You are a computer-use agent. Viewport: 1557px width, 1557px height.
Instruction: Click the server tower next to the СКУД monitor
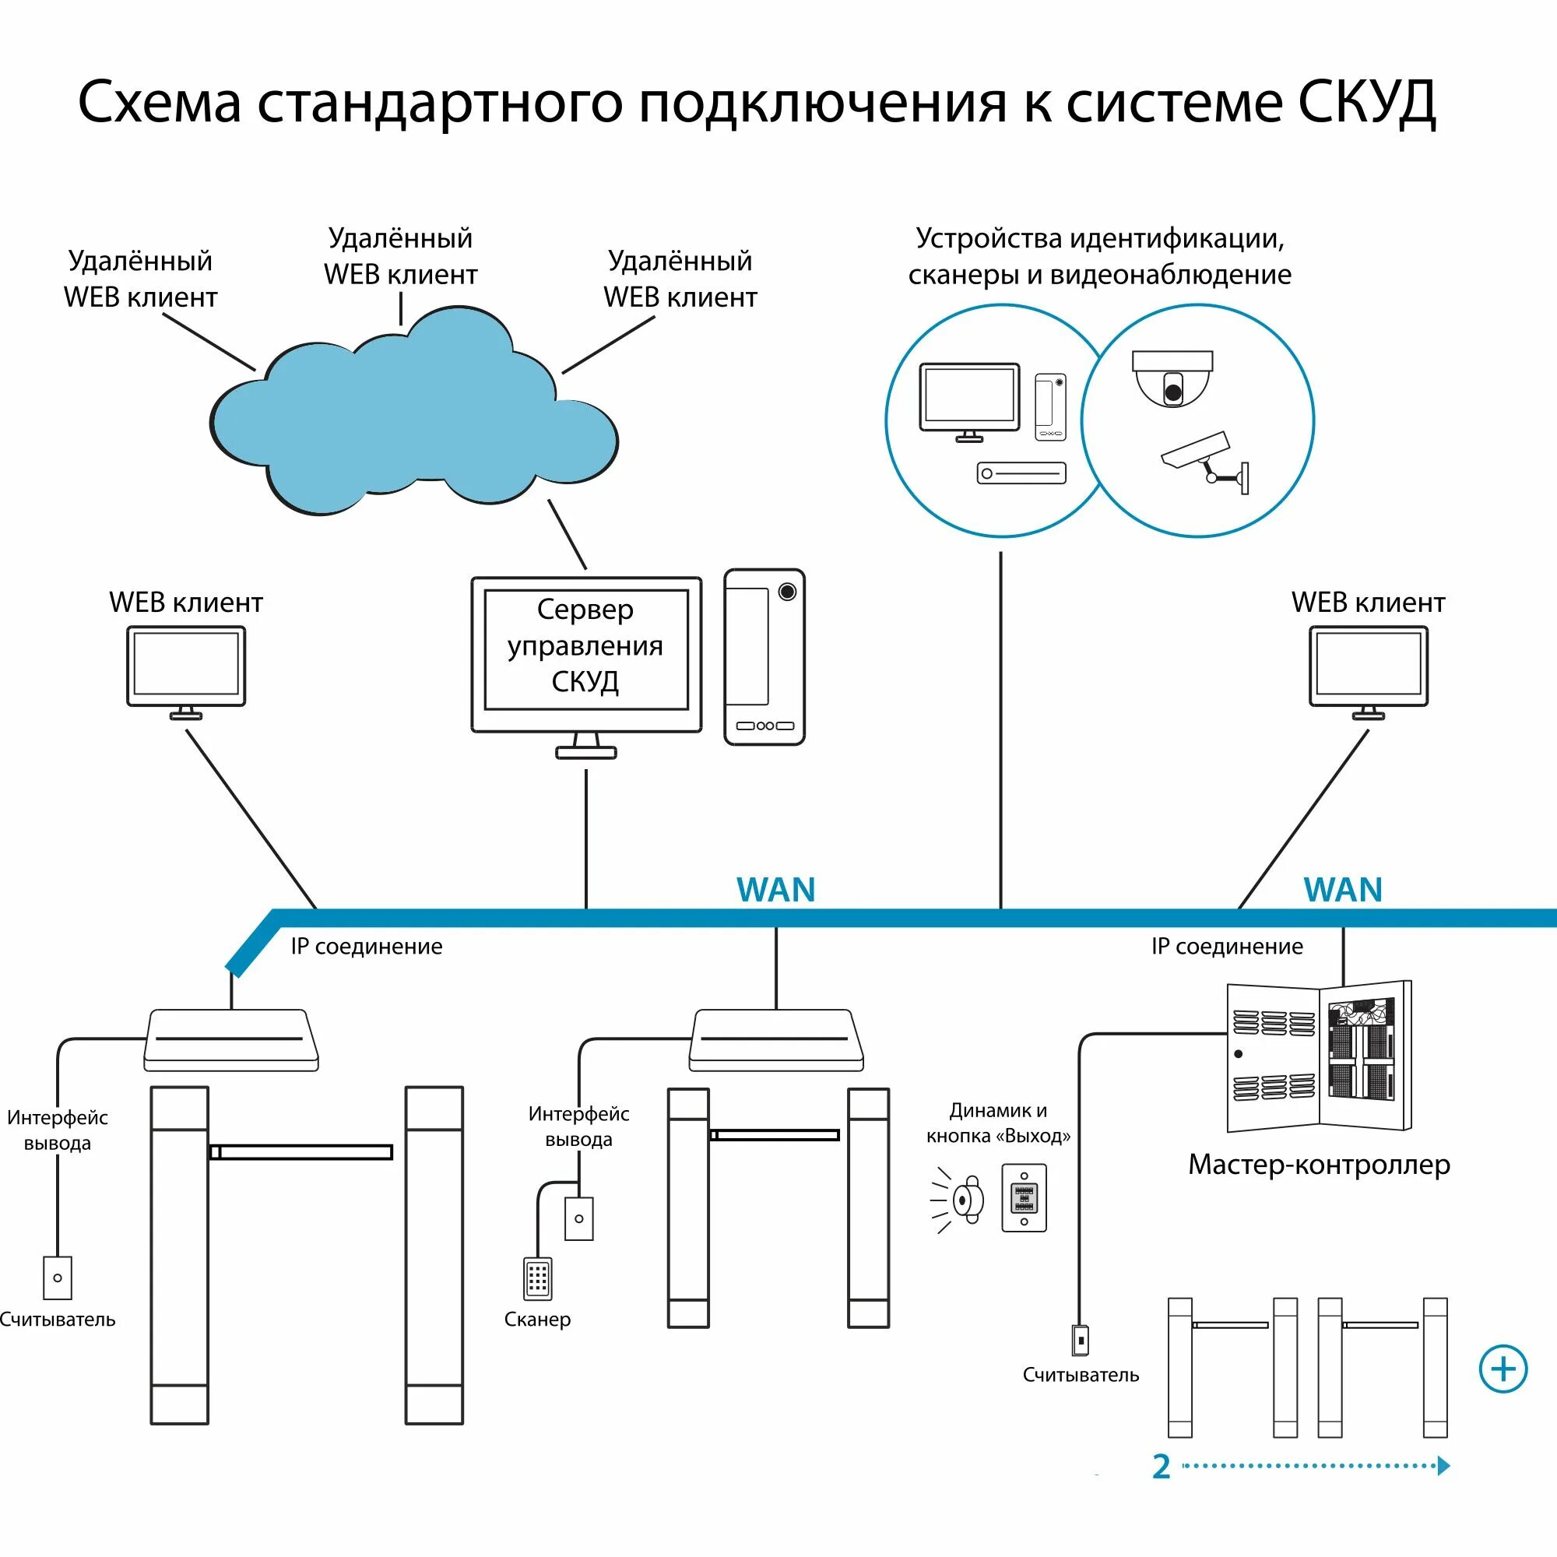coord(764,657)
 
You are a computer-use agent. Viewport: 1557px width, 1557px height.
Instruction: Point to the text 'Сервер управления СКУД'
coord(585,645)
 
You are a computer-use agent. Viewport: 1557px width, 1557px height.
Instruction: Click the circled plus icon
coord(1503,1369)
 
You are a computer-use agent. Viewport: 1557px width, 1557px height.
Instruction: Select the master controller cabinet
coord(1319,1056)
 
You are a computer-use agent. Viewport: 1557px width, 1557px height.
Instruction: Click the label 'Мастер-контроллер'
coord(1319,1165)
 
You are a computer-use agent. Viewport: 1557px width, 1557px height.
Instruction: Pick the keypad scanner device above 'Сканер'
coord(537,1278)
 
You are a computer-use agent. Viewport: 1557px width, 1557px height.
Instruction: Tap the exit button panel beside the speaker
coord(1024,1197)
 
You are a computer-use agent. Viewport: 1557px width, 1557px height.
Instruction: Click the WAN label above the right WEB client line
coord(1343,890)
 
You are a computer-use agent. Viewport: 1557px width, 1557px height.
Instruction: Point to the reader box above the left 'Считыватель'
coord(57,1278)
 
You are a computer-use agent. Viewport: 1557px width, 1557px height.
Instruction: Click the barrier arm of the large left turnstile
coord(301,1152)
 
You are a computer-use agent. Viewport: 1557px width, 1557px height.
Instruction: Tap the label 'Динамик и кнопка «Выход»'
coord(998,1123)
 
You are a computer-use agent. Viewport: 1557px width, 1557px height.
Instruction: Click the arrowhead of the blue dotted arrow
coord(1443,1465)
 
